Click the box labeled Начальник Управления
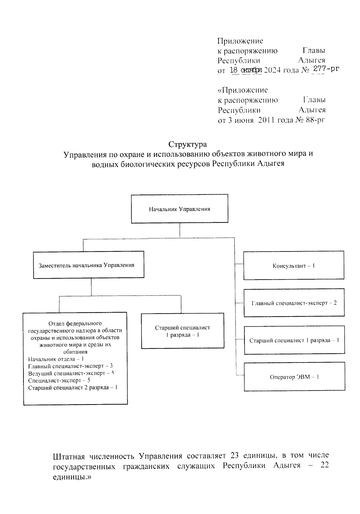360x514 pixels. tap(179, 209)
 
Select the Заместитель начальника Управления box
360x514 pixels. tap(88, 265)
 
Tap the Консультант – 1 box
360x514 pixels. tap(294, 266)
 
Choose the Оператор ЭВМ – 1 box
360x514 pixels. tap(294, 377)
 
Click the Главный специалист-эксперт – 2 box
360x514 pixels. tap(294, 303)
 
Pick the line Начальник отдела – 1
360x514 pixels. tap(56, 359)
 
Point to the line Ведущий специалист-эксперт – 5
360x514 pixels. tap(71, 373)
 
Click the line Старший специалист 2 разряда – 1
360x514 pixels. tap(73, 388)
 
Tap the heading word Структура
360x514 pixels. tap(187, 144)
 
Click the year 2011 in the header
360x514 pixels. tap(267, 120)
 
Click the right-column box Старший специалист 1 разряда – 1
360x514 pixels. tap(294, 340)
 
